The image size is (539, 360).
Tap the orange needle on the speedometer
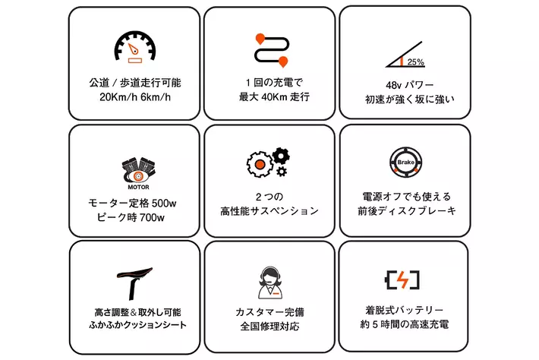coord(133,49)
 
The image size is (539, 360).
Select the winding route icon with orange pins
coord(272,50)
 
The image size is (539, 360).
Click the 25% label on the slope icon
coord(415,62)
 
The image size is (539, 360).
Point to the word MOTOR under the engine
coord(138,187)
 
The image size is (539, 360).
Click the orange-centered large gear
coord(260,164)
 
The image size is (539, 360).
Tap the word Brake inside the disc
coord(405,162)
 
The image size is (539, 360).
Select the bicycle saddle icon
coord(134,283)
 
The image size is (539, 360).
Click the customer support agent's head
coord(270,276)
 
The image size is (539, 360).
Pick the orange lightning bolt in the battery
coord(402,279)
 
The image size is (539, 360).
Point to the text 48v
coord(393,85)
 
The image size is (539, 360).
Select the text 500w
coord(164,204)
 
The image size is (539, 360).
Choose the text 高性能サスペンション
coord(269,211)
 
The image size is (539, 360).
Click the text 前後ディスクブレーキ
coord(407,211)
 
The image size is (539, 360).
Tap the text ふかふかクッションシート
coord(138,325)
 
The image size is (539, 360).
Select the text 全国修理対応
coord(269,326)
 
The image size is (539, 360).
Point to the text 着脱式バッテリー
coord(404,310)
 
